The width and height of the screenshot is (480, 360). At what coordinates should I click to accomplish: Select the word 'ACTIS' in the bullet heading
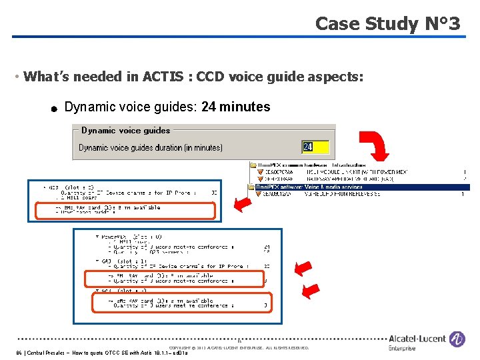point(165,77)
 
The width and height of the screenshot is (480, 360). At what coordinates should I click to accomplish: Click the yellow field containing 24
point(315,147)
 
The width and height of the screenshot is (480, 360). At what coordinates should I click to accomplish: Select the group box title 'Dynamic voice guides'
point(125,131)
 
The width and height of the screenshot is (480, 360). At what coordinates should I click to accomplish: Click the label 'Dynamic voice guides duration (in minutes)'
point(151,147)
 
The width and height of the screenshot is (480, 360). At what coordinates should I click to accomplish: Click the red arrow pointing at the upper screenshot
point(244,204)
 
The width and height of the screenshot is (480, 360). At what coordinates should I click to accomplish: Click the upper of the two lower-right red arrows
point(304,269)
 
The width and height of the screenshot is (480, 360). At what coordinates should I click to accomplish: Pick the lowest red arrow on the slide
point(310,291)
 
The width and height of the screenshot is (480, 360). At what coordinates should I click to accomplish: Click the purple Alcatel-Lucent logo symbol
point(457,340)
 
